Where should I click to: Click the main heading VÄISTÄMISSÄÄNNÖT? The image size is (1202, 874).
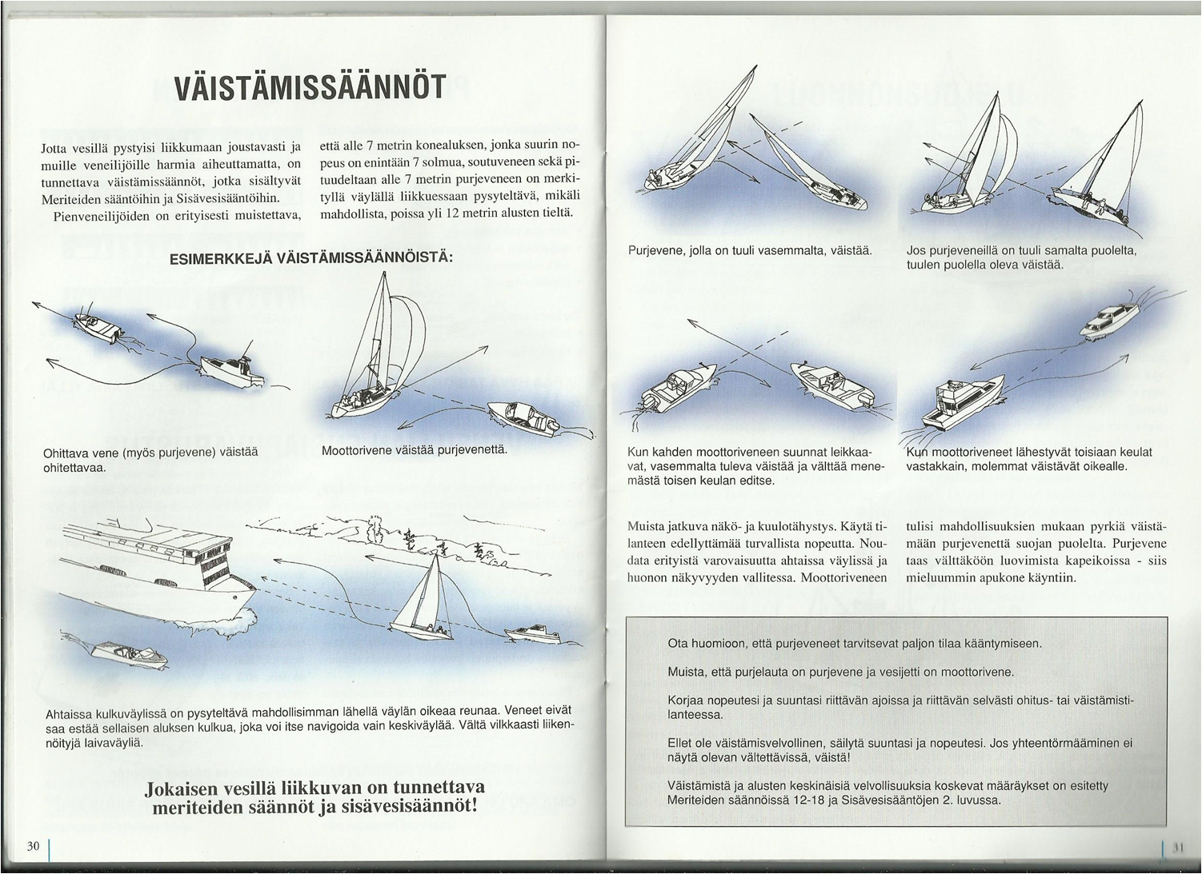click(x=310, y=87)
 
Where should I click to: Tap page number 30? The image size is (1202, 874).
click(x=33, y=846)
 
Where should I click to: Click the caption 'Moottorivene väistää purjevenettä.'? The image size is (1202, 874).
click(x=414, y=450)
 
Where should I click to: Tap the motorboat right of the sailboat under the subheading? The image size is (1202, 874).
click(x=524, y=418)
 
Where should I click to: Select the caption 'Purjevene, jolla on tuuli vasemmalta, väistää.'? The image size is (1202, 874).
click(x=749, y=250)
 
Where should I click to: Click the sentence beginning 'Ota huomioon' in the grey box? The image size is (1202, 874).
click(x=855, y=643)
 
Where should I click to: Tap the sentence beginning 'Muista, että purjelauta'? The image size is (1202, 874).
click(x=840, y=672)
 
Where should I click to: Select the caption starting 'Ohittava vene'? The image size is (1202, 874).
click(x=150, y=459)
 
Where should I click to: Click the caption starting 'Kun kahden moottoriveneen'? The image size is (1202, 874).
click(x=755, y=466)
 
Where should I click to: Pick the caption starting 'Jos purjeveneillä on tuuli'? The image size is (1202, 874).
click(x=1020, y=257)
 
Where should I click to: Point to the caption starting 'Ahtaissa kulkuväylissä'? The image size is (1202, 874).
click(x=309, y=726)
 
